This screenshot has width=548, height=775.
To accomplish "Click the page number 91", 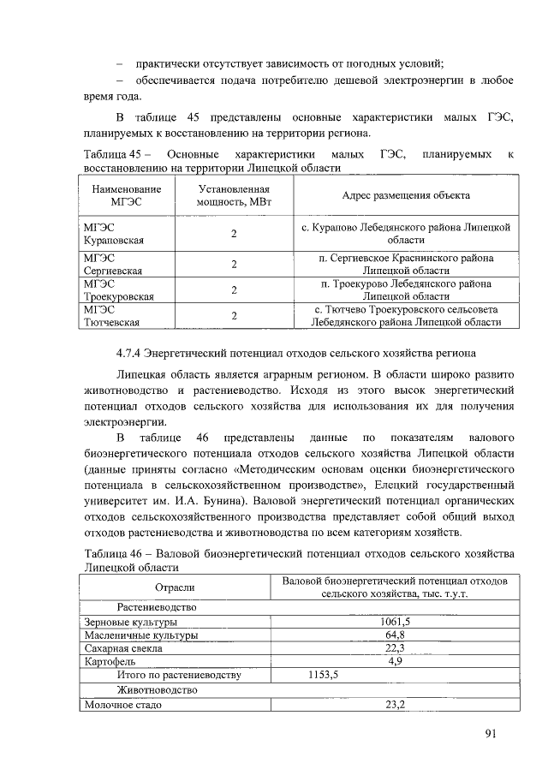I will coord(490,733).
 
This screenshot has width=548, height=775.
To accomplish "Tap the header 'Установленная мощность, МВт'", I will coord(234,195).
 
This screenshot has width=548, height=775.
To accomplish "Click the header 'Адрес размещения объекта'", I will coord(406,195).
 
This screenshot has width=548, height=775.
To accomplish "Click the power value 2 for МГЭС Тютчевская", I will coord(234,315).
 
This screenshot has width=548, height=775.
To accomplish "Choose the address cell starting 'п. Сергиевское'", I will coord(407,264).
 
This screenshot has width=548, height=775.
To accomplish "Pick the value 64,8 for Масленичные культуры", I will coord(395,635).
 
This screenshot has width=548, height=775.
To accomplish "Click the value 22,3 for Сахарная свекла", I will coord(395,648).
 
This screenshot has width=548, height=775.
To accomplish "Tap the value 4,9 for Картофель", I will coord(395,662).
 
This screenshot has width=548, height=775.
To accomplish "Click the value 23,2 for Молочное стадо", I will coord(395,705).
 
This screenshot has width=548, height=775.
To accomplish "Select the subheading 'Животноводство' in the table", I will coord(157,690).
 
